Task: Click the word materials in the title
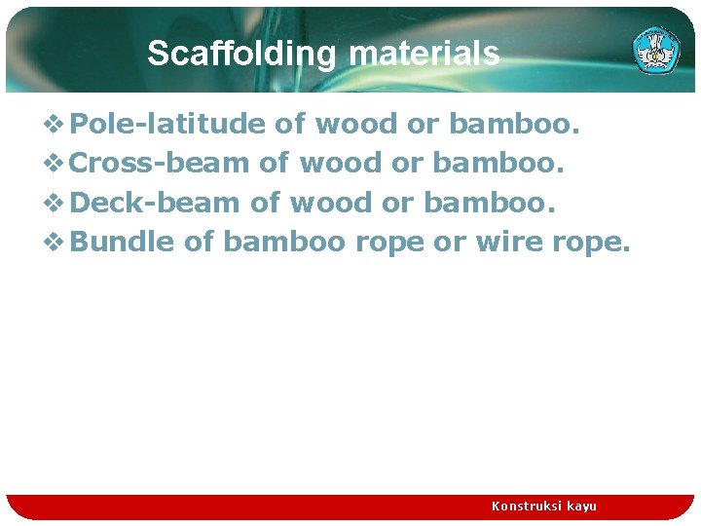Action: pyautogui.click(x=424, y=54)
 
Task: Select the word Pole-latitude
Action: pyautogui.click(x=167, y=124)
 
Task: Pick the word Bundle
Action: pyautogui.click(x=123, y=242)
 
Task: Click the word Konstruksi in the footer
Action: pyautogui.click(x=525, y=506)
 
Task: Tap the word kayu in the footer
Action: pyautogui.click(x=580, y=506)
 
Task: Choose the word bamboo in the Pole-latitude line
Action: pyautogui.click(x=513, y=124)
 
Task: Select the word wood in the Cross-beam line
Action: pyautogui.click(x=341, y=163)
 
